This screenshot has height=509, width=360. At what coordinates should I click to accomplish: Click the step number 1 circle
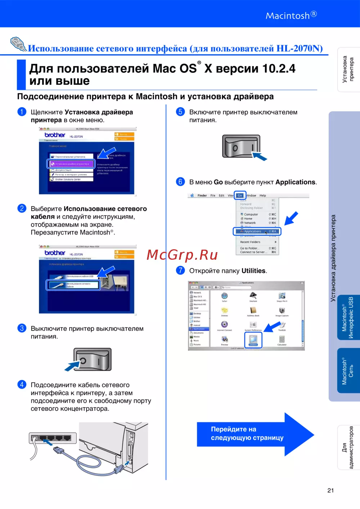coord(22,112)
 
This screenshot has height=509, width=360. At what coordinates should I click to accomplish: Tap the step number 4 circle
coord(22,385)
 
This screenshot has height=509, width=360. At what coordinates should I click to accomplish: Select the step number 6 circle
coord(180,182)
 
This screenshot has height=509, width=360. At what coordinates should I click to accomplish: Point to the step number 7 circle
coord(180,270)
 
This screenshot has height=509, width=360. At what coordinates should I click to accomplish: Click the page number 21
coord(330,490)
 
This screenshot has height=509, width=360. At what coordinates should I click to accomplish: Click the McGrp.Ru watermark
coord(182,255)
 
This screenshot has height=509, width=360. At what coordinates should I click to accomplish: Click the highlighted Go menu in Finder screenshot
coord(240,195)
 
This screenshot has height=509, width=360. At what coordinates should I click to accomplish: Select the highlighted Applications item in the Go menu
coord(257,231)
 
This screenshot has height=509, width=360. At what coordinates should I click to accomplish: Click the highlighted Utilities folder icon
coord(253,340)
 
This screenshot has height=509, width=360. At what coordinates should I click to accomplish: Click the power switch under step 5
coord(241,146)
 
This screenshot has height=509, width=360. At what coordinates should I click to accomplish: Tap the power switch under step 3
coord(93,359)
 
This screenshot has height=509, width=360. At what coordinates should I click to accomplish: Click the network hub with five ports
coord(53,438)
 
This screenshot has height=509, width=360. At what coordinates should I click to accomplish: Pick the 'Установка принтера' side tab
coord(348,69)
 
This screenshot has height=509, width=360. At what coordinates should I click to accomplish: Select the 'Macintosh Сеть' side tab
coord(348,371)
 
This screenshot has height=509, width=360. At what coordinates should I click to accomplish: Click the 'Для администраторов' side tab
coord(348,447)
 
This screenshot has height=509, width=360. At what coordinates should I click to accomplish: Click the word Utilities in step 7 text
coord(253,271)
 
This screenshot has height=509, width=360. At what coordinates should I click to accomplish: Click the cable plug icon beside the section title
coord(18,44)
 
